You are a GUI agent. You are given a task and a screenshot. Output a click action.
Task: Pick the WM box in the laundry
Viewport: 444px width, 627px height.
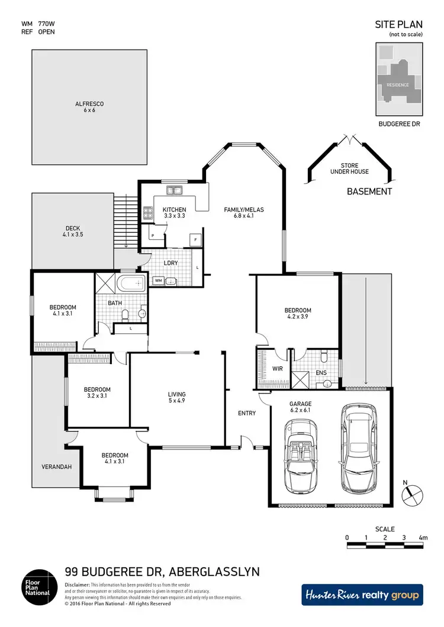point(159,281)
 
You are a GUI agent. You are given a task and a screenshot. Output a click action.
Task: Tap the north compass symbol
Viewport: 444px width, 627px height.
point(413,492)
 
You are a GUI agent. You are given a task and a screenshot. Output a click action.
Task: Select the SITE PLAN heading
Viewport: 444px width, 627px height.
point(399,24)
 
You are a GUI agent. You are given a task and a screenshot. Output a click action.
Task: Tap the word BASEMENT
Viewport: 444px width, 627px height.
point(369,191)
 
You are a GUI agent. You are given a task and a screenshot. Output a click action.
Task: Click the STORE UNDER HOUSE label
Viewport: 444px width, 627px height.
point(349,168)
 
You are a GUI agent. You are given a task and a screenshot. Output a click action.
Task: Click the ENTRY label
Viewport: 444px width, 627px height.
point(247,413)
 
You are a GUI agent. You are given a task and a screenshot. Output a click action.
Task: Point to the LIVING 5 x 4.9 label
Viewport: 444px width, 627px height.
point(176,398)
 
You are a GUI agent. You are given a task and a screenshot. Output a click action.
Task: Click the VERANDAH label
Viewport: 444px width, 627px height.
point(57,467)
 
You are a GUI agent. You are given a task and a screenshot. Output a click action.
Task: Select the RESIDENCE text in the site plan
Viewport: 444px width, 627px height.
point(398,85)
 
